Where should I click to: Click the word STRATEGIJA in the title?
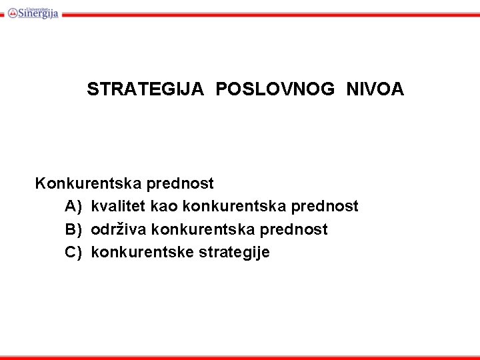pyautogui.click(x=145, y=89)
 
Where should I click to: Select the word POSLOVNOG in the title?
pyautogui.click(x=275, y=89)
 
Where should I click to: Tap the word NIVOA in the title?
pyautogui.click(x=375, y=89)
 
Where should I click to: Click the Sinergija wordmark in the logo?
pyautogui.click(x=39, y=13)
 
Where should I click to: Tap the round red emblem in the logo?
pyautogui.click(x=12, y=12)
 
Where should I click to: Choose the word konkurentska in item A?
pyautogui.click(x=227, y=207)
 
